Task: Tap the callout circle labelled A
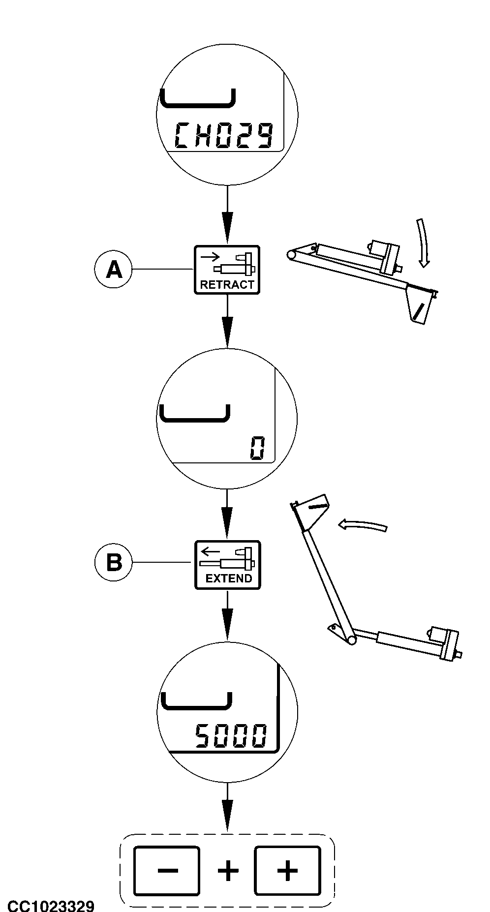pyautogui.click(x=114, y=270)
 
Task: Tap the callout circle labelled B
pyautogui.click(x=114, y=562)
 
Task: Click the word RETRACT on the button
pyautogui.click(x=227, y=284)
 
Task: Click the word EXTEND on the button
pyautogui.click(x=228, y=578)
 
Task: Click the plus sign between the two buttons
pyautogui.click(x=228, y=871)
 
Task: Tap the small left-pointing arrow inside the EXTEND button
pyautogui.click(x=211, y=550)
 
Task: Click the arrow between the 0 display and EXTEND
pyautogui.click(x=227, y=514)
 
